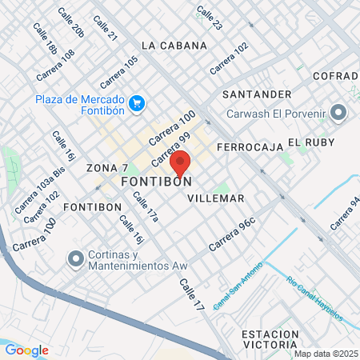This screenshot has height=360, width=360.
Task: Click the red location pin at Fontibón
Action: (x=180, y=163)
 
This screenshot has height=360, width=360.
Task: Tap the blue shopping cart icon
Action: (x=136, y=102)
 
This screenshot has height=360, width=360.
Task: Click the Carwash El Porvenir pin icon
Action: (x=338, y=113)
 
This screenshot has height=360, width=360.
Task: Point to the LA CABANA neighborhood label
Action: (x=174, y=45)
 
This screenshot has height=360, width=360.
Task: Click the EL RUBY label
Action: (x=309, y=142)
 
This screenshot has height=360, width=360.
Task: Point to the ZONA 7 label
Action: (x=107, y=168)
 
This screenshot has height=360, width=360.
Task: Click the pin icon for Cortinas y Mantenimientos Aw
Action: (x=77, y=258)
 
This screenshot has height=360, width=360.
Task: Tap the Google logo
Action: (x=27, y=350)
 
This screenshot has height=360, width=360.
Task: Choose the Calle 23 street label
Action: (x=210, y=19)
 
